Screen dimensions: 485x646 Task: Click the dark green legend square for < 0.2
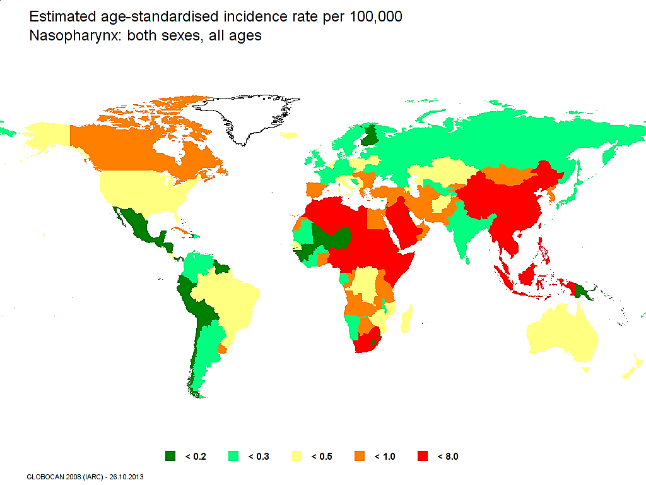(x=170, y=456)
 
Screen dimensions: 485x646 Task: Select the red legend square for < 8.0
(x=423, y=456)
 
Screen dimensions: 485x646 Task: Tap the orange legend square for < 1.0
(x=360, y=456)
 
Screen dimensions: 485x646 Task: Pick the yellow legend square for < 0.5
(x=297, y=456)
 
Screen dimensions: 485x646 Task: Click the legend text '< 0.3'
(x=259, y=456)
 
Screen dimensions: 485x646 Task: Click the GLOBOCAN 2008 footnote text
(x=85, y=477)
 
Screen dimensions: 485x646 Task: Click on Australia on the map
(x=561, y=335)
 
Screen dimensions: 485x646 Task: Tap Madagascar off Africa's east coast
(x=408, y=319)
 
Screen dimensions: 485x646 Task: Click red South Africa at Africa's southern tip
(x=366, y=344)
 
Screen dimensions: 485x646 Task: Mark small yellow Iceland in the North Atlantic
(x=290, y=135)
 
